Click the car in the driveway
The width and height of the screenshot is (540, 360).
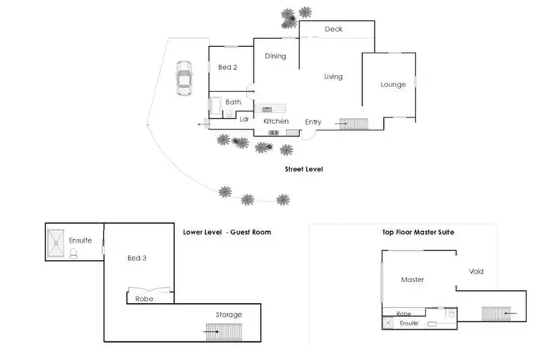(x=184, y=78)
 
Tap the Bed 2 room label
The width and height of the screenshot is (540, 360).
(x=228, y=68)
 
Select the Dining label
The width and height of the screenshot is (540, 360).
(x=276, y=56)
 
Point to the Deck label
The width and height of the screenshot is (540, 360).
(x=333, y=30)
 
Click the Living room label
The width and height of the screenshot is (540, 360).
(x=333, y=77)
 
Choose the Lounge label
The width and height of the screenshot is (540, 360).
(x=393, y=85)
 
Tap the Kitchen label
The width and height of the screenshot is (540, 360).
(x=276, y=122)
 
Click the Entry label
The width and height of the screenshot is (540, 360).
(x=313, y=122)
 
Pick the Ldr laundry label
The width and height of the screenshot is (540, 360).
(x=244, y=120)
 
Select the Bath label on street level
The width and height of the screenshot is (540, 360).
(x=233, y=102)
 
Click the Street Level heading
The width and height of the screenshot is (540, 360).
(x=305, y=170)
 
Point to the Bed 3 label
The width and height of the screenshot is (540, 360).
(x=137, y=258)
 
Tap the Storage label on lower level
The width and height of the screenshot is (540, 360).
(x=229, y=315)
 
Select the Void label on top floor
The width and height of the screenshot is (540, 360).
(x=476, y=271)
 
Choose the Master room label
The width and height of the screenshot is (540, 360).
(x=412, y=279)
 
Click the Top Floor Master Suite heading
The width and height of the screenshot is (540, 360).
(x=418, y=233)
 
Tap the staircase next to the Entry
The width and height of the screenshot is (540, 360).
(x=353, y=124)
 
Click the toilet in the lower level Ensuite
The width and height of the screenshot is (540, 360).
(x=73, y=253)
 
